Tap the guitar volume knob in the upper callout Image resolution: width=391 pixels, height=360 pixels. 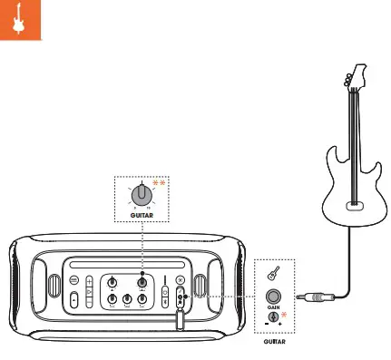point(142,195)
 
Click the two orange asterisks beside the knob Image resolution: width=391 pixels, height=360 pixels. point(160,184)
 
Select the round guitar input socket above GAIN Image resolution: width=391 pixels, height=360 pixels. point(273,296)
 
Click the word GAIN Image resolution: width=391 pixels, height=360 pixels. point(273,309)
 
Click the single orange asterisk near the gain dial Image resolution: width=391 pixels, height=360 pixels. point(284,315)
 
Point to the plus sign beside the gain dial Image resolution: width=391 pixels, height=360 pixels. point(281,325)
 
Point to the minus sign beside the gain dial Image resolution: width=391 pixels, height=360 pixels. point(264,325)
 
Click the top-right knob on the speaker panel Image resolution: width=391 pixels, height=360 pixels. point(142,282)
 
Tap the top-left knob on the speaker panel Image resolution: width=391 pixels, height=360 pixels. point(112,282)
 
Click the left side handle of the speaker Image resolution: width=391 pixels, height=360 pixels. point(19,290)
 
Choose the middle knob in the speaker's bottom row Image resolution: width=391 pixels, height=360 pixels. point(128,299)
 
